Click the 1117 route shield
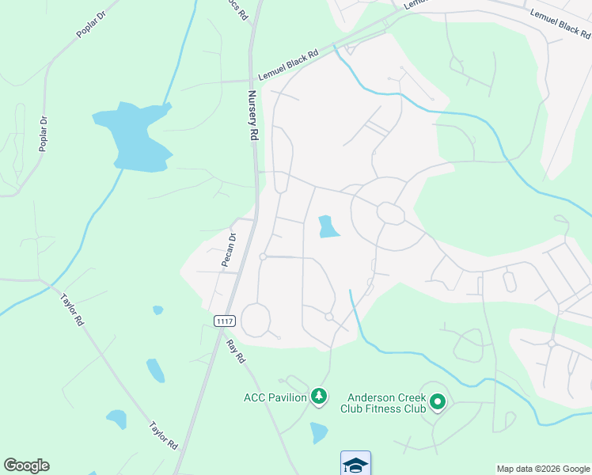223,319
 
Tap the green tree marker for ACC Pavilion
318,395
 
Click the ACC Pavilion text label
275,397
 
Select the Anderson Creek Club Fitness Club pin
438,404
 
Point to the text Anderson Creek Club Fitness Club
383,403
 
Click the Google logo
26,465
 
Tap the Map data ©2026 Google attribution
542,469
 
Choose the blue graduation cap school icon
355,464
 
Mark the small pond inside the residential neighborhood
327,227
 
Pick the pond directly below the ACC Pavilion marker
319,432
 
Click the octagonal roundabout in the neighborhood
391,213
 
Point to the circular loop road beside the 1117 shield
256,320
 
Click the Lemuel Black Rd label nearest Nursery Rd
288,66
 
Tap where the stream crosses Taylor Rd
49,284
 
